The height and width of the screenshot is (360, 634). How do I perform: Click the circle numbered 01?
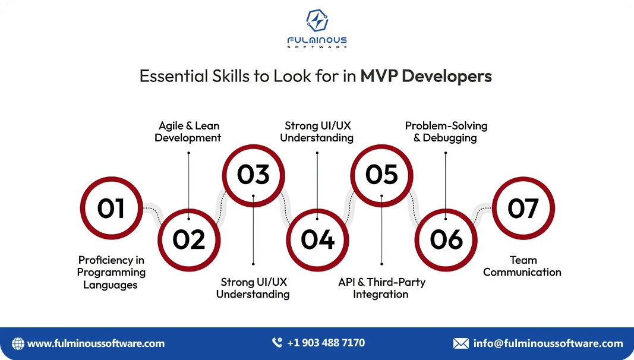[x=111, y=208]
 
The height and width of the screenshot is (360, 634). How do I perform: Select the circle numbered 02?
[x=189, y=239]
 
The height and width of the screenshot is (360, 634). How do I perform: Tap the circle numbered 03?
[x=254, y=175]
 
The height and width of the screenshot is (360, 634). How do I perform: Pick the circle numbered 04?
[x=317, y=239]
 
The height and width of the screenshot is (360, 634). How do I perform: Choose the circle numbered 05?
[x=381, y=175]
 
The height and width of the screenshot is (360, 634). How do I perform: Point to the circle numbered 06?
[x=446, y=239]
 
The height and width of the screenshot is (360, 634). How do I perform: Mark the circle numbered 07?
[x=523, y=208]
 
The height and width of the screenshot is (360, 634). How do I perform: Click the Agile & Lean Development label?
[x=188, y=132]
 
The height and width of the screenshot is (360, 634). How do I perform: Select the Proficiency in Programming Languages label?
[x=111, y=272]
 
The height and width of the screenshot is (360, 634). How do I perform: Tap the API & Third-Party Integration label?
[x=381, y=288]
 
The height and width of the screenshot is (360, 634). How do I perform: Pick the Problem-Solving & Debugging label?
[x=446, y=132]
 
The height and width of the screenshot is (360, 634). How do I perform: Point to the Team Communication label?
[x=522, y=266]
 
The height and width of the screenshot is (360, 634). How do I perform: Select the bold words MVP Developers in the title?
[x=426, y=77]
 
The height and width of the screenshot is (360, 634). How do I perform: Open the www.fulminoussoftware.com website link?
[x=96, y=343]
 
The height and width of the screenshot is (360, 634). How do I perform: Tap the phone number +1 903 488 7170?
[x=326, y=343]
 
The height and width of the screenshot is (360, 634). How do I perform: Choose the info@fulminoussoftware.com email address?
[x=548, y=343]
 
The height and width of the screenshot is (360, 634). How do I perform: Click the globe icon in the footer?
[x=18, y=343]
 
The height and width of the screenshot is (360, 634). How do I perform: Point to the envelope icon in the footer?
[x=460, y=343]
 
